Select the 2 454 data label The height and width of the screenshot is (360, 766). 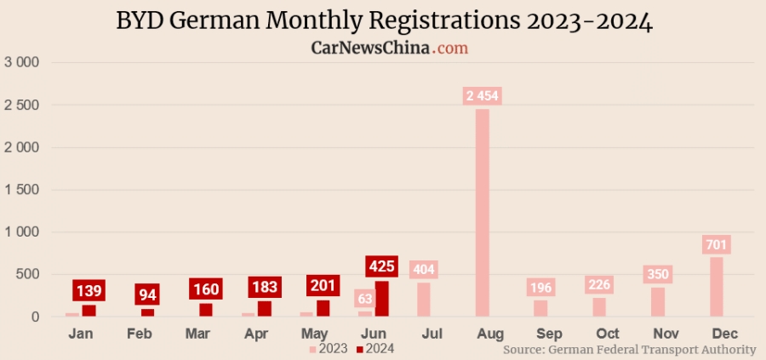pos(482,95)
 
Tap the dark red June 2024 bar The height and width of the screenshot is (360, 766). pos(382,299)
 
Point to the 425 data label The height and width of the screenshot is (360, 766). pos(382,267)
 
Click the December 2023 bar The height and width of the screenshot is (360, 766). pos(716,287)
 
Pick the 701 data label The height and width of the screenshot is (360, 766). pos(717,245)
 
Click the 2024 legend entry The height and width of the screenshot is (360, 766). pos(375,348)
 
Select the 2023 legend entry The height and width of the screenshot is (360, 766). pos(328,348)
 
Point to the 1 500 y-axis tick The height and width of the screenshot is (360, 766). pos(23,190)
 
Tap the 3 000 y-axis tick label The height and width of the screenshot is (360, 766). pos(23,62)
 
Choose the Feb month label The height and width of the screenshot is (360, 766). pos(140,334)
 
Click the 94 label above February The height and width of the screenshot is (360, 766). pos(148,294)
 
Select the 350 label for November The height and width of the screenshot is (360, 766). pos(658,275)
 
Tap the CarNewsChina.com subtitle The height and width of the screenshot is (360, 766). pos(389,49)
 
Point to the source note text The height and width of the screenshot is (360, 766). pos(629,350)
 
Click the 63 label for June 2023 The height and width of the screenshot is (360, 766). pos(365,299)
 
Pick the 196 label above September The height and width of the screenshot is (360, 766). pos(540,288)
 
